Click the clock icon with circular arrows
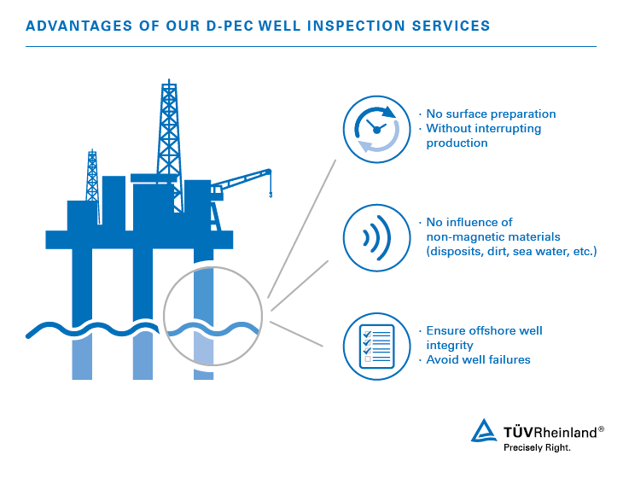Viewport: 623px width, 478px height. click(x=376, y=129)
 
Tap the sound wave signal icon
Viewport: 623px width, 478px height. click(x=376, y=237)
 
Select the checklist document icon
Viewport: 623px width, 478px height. click(x=376, y=347)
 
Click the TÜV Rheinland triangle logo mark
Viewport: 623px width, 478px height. click(x=483, y=431)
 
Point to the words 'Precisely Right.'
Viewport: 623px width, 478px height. click(x=537, y=447)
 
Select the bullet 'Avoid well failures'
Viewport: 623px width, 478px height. click(x=478, y=359)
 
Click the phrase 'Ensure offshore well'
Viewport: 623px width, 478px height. click(x=484, y=330)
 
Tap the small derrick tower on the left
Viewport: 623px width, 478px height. click(x=92, y=175)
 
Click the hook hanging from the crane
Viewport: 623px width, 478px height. click(x=270, y=194)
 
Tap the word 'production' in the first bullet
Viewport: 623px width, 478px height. click(x=457, y=143)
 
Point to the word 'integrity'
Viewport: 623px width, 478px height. click(x=450, y=345)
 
